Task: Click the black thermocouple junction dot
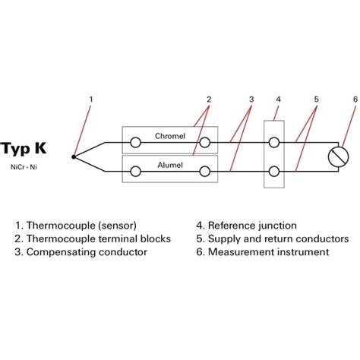(74, 157)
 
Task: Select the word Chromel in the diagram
(170, 136)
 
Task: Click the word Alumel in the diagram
(170, 165)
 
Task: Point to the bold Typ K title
(24, 148)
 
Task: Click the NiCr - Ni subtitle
(24, 167)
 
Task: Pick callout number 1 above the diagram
(91, 99)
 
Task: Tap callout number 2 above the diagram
(209, 99)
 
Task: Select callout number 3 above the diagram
(251, 99)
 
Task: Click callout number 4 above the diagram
(278, 99)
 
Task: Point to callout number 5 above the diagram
(317, 99)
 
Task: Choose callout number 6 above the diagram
(355, 99)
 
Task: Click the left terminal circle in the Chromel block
(135, 143)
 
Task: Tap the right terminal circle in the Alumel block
(204, 172)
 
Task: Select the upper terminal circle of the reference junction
(273, 143)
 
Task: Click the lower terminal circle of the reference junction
(273, 172)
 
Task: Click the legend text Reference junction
(252, 226)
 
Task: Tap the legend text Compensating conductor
(87, 252)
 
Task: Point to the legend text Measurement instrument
(268, 252)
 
